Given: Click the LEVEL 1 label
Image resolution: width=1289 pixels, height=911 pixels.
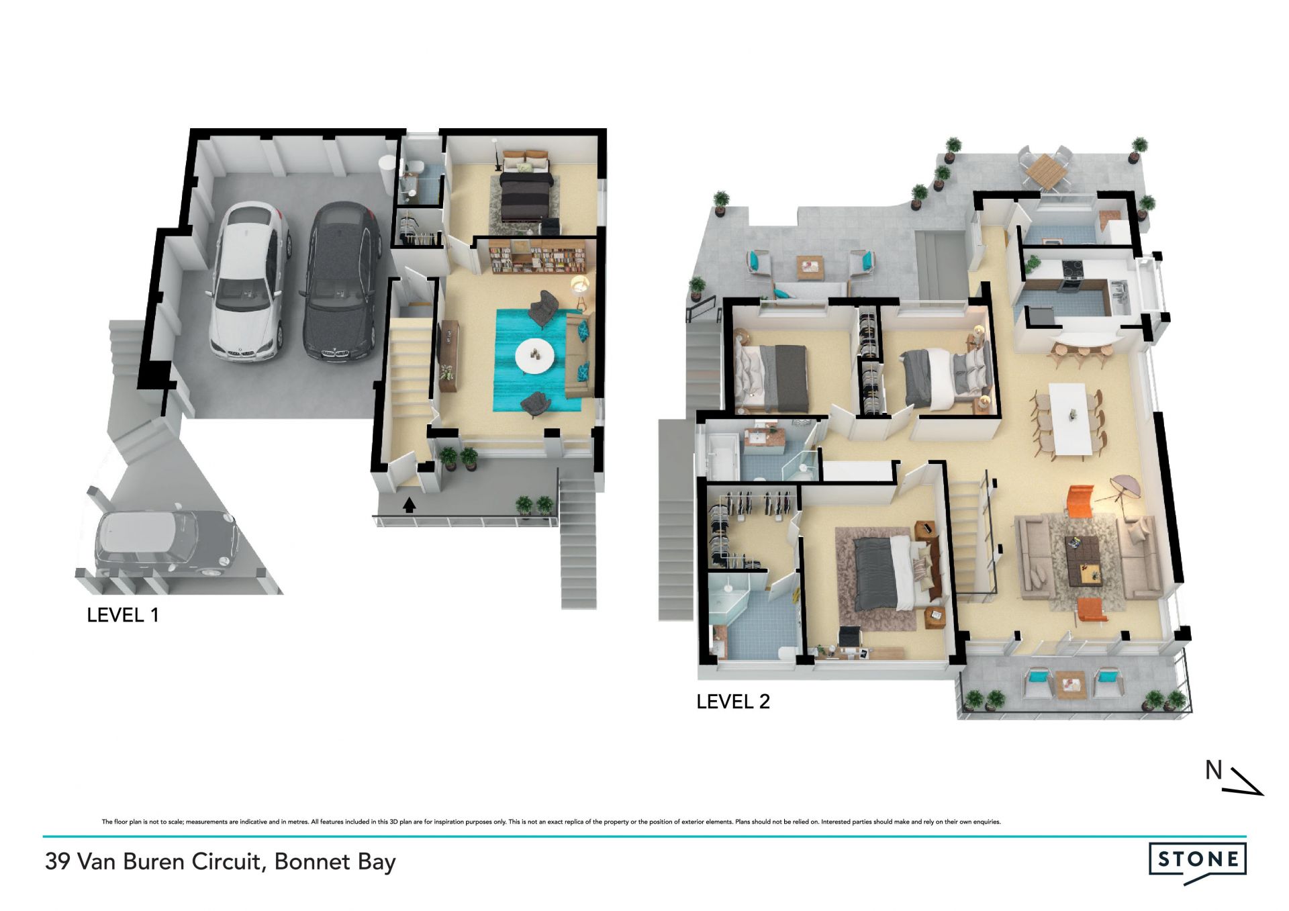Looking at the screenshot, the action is pyautogui.click(x=123, y=615).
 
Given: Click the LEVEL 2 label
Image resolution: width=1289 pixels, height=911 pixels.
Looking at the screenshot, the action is pyautogui.click(x=733, y=702).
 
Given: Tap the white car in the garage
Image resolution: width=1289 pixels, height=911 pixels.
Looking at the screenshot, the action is pyautogui.click(x=249, y=283).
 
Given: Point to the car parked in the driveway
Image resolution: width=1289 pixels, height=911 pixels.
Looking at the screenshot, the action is pyautogui.click(x=166, y=544).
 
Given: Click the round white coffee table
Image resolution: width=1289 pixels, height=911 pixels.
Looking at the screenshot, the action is pyautogui.click(x=534, y=355).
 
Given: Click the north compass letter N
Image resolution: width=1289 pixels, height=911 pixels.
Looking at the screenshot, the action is pyautogui.click(x=1213, y=771).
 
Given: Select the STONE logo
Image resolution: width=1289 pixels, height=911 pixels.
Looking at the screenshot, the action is pyautogui.click(x=1198, y=863).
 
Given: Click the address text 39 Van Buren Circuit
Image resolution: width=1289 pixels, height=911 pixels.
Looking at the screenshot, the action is pyautogui.click(x=152, y=861).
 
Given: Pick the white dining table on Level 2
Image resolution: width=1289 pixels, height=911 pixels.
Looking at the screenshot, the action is pyautogui.click(x=1069, y=419).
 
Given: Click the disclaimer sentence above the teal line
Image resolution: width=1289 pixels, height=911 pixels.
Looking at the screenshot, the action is pyautogui.click(x=551, y=822).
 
